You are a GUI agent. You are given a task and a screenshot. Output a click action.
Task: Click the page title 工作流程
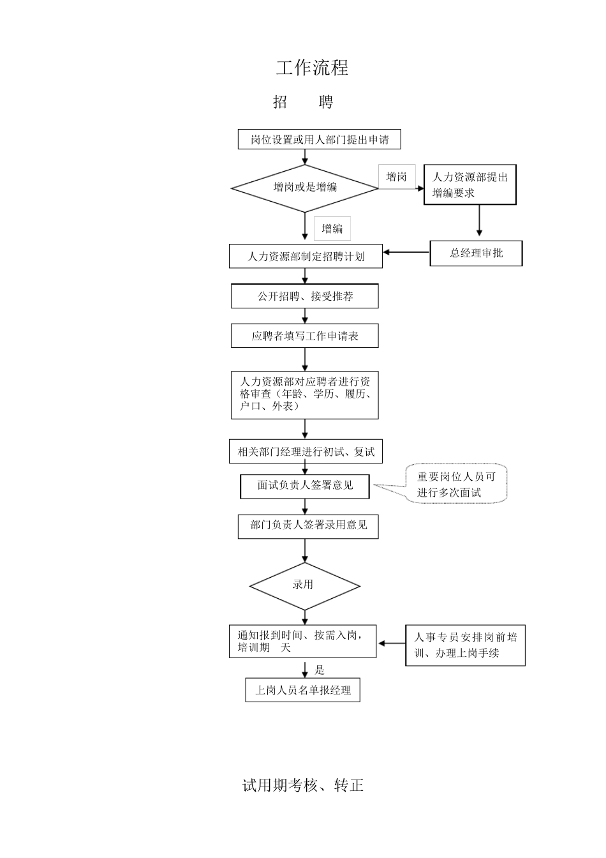coord(312,68)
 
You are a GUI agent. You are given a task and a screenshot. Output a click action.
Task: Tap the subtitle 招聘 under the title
coord(303,102)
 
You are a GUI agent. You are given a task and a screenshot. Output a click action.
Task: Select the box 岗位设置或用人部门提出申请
coord(319,139)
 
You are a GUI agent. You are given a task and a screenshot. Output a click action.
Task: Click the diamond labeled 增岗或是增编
coord(305,188)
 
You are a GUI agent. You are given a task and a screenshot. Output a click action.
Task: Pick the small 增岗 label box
coord(396,177)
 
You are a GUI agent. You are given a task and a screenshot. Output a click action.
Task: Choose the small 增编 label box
coord(332,229)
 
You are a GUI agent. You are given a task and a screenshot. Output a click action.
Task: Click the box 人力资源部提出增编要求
coord(469,185)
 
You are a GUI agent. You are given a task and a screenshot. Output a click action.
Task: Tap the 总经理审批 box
coord(476,253)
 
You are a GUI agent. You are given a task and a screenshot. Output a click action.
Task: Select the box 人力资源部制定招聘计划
coord(306,257)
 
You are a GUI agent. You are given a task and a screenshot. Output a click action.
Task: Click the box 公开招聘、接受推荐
coord(304,296)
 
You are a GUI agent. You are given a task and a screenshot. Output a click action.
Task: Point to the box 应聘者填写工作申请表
coord(304,336)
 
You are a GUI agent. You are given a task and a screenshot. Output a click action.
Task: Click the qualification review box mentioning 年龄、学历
coord(304,395)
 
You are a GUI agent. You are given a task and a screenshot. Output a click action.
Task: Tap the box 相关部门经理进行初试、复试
coord(306,452)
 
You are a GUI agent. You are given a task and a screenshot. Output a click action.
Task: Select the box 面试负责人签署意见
coord(305,486)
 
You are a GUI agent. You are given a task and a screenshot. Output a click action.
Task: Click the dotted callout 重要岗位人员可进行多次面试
coord(456,485)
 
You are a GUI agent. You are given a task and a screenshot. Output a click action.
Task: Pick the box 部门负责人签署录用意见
coord(307,525)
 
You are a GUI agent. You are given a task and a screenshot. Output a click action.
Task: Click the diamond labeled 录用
coord(304,585)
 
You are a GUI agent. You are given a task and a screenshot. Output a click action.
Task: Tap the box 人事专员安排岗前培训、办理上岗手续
coord(465,645)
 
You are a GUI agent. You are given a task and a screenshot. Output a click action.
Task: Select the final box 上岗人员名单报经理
coord(302,690)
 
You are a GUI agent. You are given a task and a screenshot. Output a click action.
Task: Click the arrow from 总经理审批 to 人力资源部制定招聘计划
coord(406,252)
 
